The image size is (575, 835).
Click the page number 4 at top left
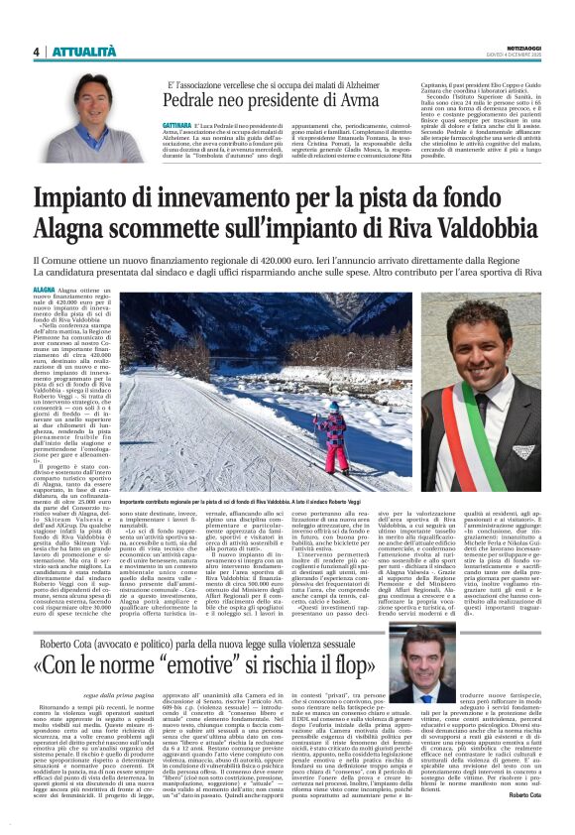point(35,52)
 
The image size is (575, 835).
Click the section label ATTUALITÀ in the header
point(81,52)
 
